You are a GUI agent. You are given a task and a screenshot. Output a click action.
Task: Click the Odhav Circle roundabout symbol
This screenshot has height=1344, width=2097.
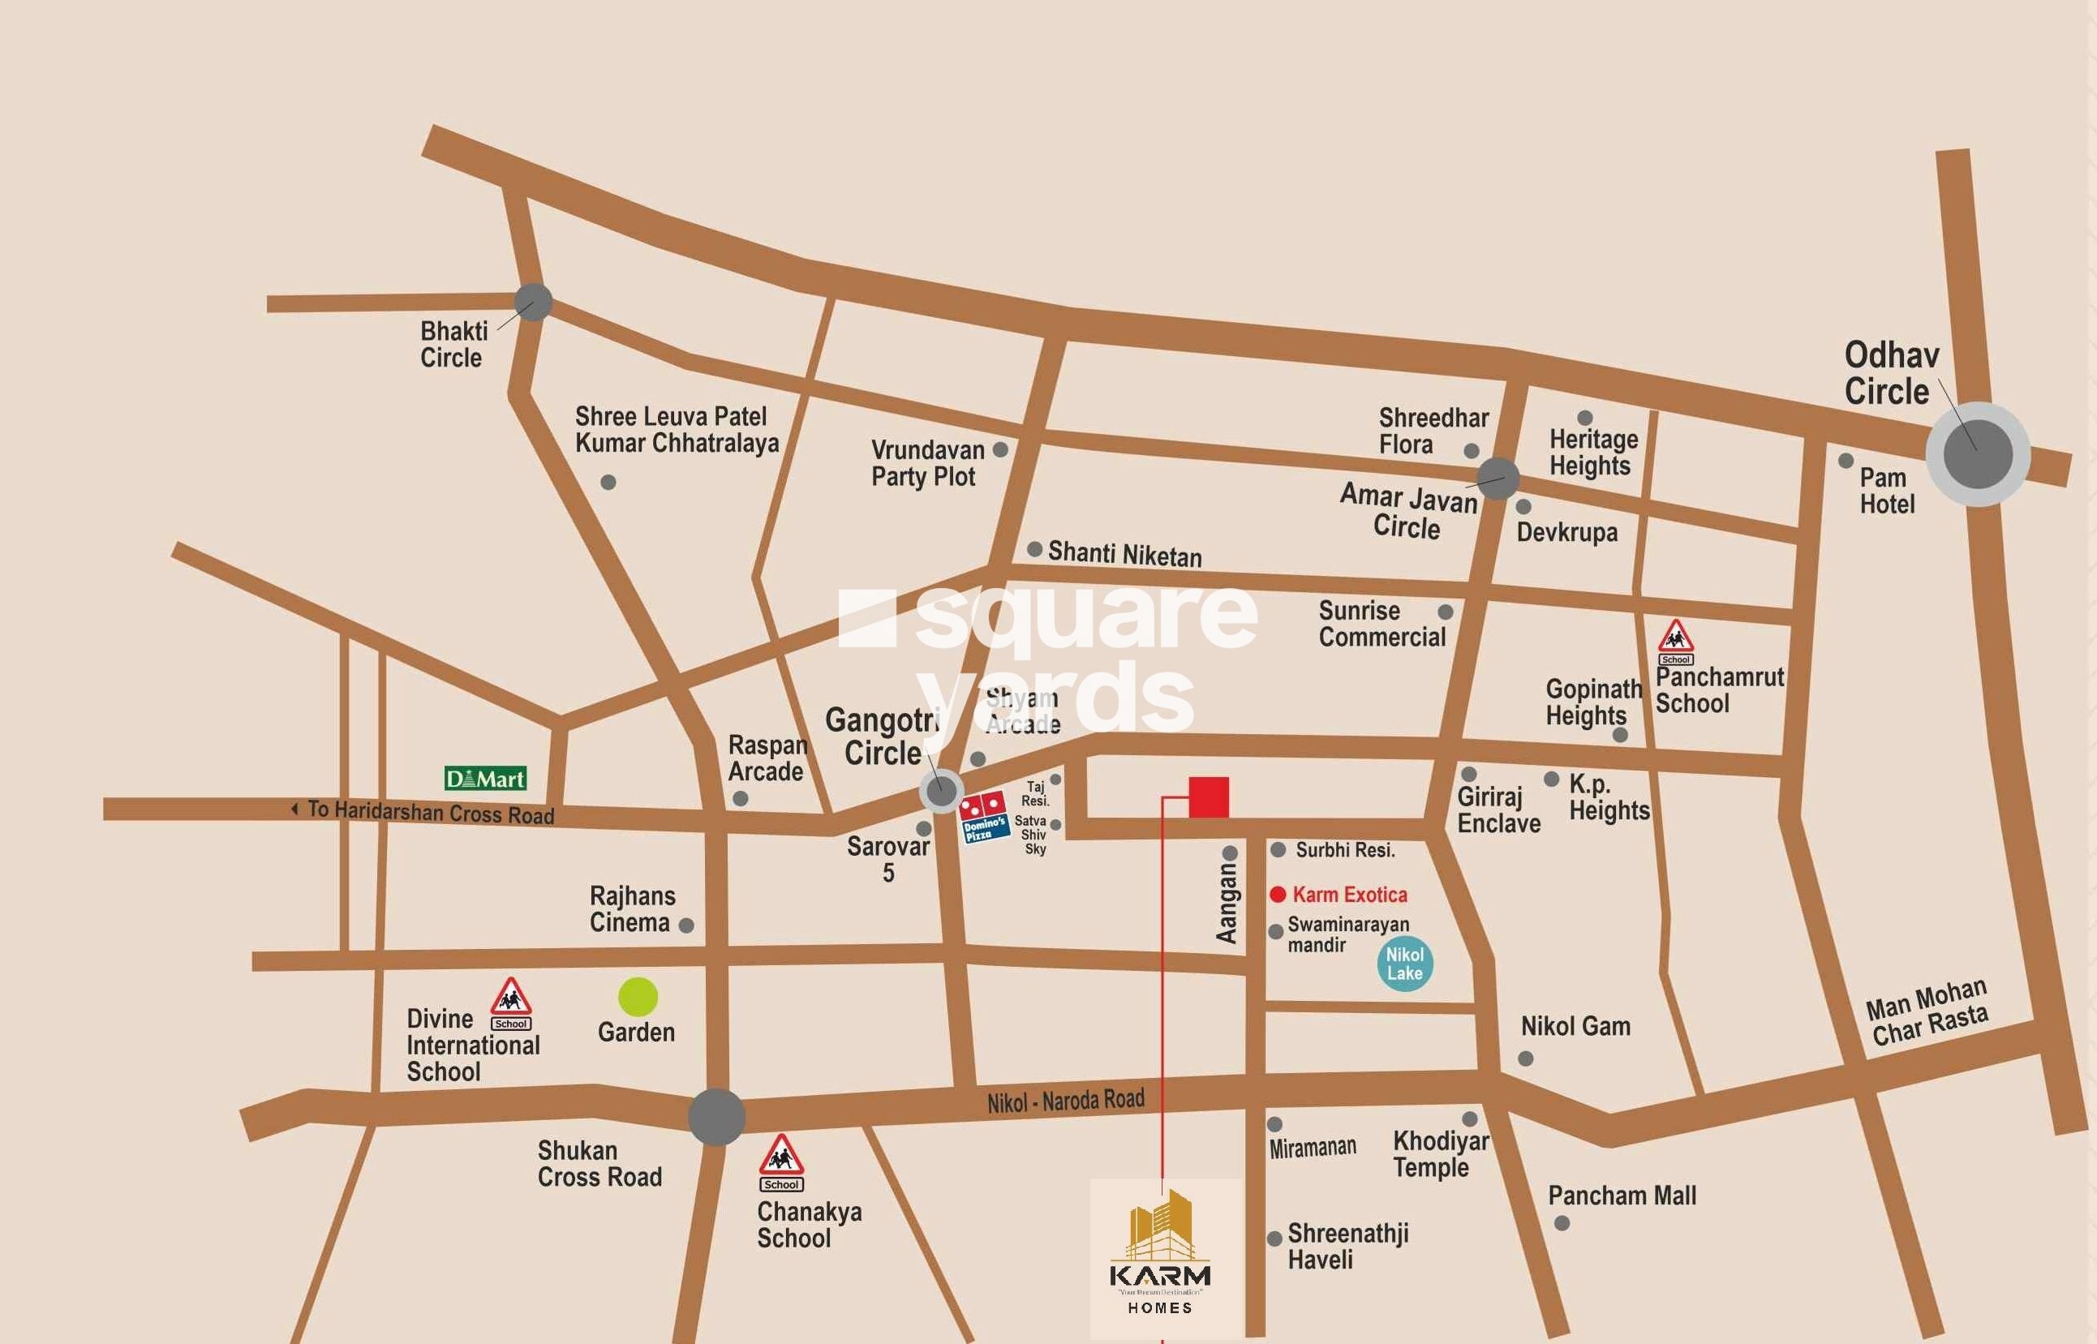[1978, 454]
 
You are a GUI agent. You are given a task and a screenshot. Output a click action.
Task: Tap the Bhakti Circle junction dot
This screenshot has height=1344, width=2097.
[533, 302]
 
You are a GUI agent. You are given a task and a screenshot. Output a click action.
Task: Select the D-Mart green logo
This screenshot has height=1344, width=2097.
[485, 779]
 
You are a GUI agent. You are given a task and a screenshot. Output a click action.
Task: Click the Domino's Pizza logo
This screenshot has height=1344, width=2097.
[983, 818]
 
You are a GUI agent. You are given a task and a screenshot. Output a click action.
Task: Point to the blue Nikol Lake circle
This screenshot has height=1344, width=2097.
[1405, 964]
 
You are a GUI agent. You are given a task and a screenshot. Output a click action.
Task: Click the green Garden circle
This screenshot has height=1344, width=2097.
[638, 997]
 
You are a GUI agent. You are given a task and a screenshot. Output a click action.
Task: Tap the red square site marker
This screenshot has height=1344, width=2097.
[1209, 797]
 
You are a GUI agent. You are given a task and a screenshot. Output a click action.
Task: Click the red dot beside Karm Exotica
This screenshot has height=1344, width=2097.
[1278, 895]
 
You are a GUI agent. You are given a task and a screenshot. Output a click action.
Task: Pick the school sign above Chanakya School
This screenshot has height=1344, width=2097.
[781, 1162]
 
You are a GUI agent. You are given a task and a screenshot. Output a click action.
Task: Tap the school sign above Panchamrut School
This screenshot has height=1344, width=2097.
[1675, 642]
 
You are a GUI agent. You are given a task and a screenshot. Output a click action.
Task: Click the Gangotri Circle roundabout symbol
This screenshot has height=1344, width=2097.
[942, 792]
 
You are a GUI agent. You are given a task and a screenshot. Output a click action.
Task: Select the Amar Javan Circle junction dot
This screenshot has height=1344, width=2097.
[1498, 479]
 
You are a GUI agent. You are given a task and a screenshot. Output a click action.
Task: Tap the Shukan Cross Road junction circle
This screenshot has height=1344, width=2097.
[716, 1117]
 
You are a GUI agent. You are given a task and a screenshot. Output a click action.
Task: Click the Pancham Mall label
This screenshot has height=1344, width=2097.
[1622, 1196]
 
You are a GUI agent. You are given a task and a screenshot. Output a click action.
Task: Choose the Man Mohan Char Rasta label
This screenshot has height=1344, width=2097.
[1927, 1012]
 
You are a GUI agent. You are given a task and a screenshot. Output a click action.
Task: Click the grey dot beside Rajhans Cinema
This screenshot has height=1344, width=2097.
[686, 925]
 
